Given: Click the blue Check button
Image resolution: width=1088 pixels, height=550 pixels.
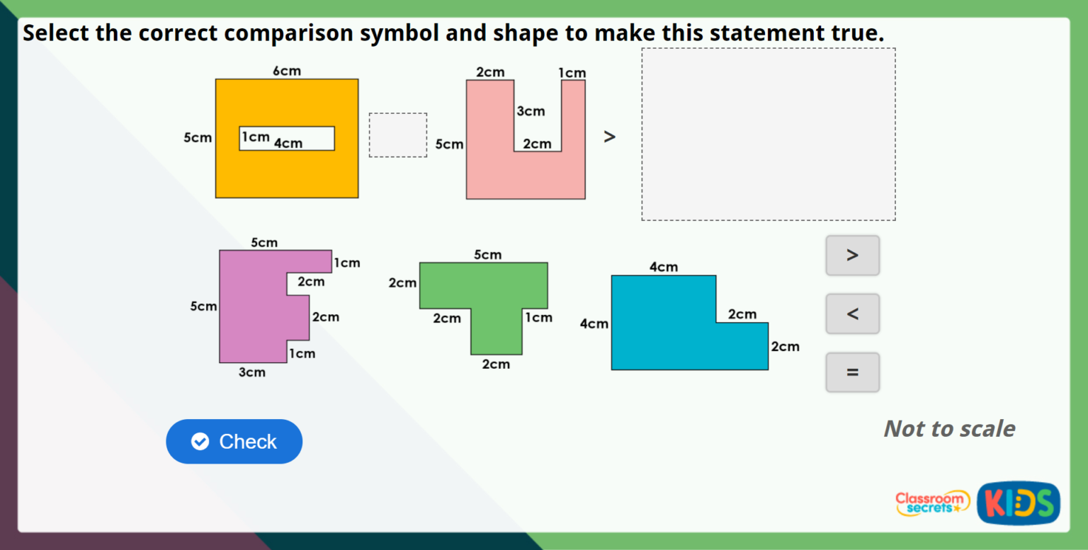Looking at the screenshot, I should point(234,442).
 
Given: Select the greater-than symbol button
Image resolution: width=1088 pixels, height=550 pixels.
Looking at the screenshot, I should point(852,256).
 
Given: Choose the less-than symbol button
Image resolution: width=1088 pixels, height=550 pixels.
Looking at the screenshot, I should point(852,314).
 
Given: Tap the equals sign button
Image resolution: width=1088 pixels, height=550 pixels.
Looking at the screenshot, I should point(852,372).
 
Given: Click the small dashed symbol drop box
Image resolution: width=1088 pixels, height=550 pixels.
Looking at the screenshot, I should point(398,135).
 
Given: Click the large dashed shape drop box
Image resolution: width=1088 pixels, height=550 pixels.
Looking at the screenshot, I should point(768,134).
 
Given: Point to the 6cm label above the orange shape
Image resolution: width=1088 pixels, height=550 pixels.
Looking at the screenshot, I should point(287,71).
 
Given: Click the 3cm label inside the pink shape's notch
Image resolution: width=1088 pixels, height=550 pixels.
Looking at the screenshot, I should point(531,111).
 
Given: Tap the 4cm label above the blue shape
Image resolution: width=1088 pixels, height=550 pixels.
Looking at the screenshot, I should point(664,267).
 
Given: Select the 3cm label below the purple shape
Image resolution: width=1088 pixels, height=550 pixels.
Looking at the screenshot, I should point(251,372).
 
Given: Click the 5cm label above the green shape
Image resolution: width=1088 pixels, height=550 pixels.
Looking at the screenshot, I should point(487,255).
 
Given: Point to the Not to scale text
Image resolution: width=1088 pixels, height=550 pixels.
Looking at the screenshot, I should point(949,428).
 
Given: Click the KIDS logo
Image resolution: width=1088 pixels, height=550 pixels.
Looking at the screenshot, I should point(1018,503).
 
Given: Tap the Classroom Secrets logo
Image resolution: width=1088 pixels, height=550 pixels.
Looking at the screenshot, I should point(932,503).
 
